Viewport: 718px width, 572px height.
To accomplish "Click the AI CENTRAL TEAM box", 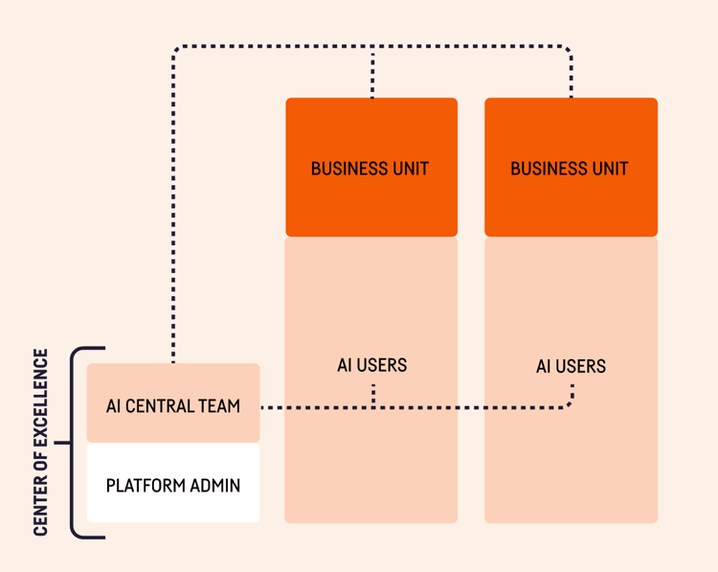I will coord(173,404).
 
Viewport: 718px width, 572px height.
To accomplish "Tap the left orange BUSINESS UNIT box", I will coord(370,168).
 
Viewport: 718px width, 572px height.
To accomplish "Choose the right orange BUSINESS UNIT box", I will coord(571,168).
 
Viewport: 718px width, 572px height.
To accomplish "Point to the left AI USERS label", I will coord(371,365).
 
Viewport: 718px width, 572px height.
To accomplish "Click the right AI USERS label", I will coord(571,366).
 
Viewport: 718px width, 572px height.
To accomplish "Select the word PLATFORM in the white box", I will coord(140,486).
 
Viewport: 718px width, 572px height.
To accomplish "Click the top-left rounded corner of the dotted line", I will coord(177,50).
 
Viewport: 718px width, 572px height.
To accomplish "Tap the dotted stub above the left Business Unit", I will coord(372,73).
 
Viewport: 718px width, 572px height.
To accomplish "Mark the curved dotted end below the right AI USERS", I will coord(571,400).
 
